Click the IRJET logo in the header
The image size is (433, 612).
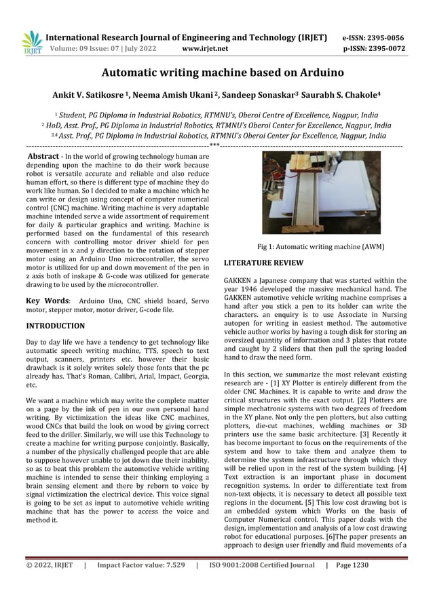point(31,42)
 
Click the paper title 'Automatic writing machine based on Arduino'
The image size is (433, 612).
point(216,72)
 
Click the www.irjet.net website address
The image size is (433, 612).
point(206,49)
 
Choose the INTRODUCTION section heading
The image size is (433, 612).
point(55,326)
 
